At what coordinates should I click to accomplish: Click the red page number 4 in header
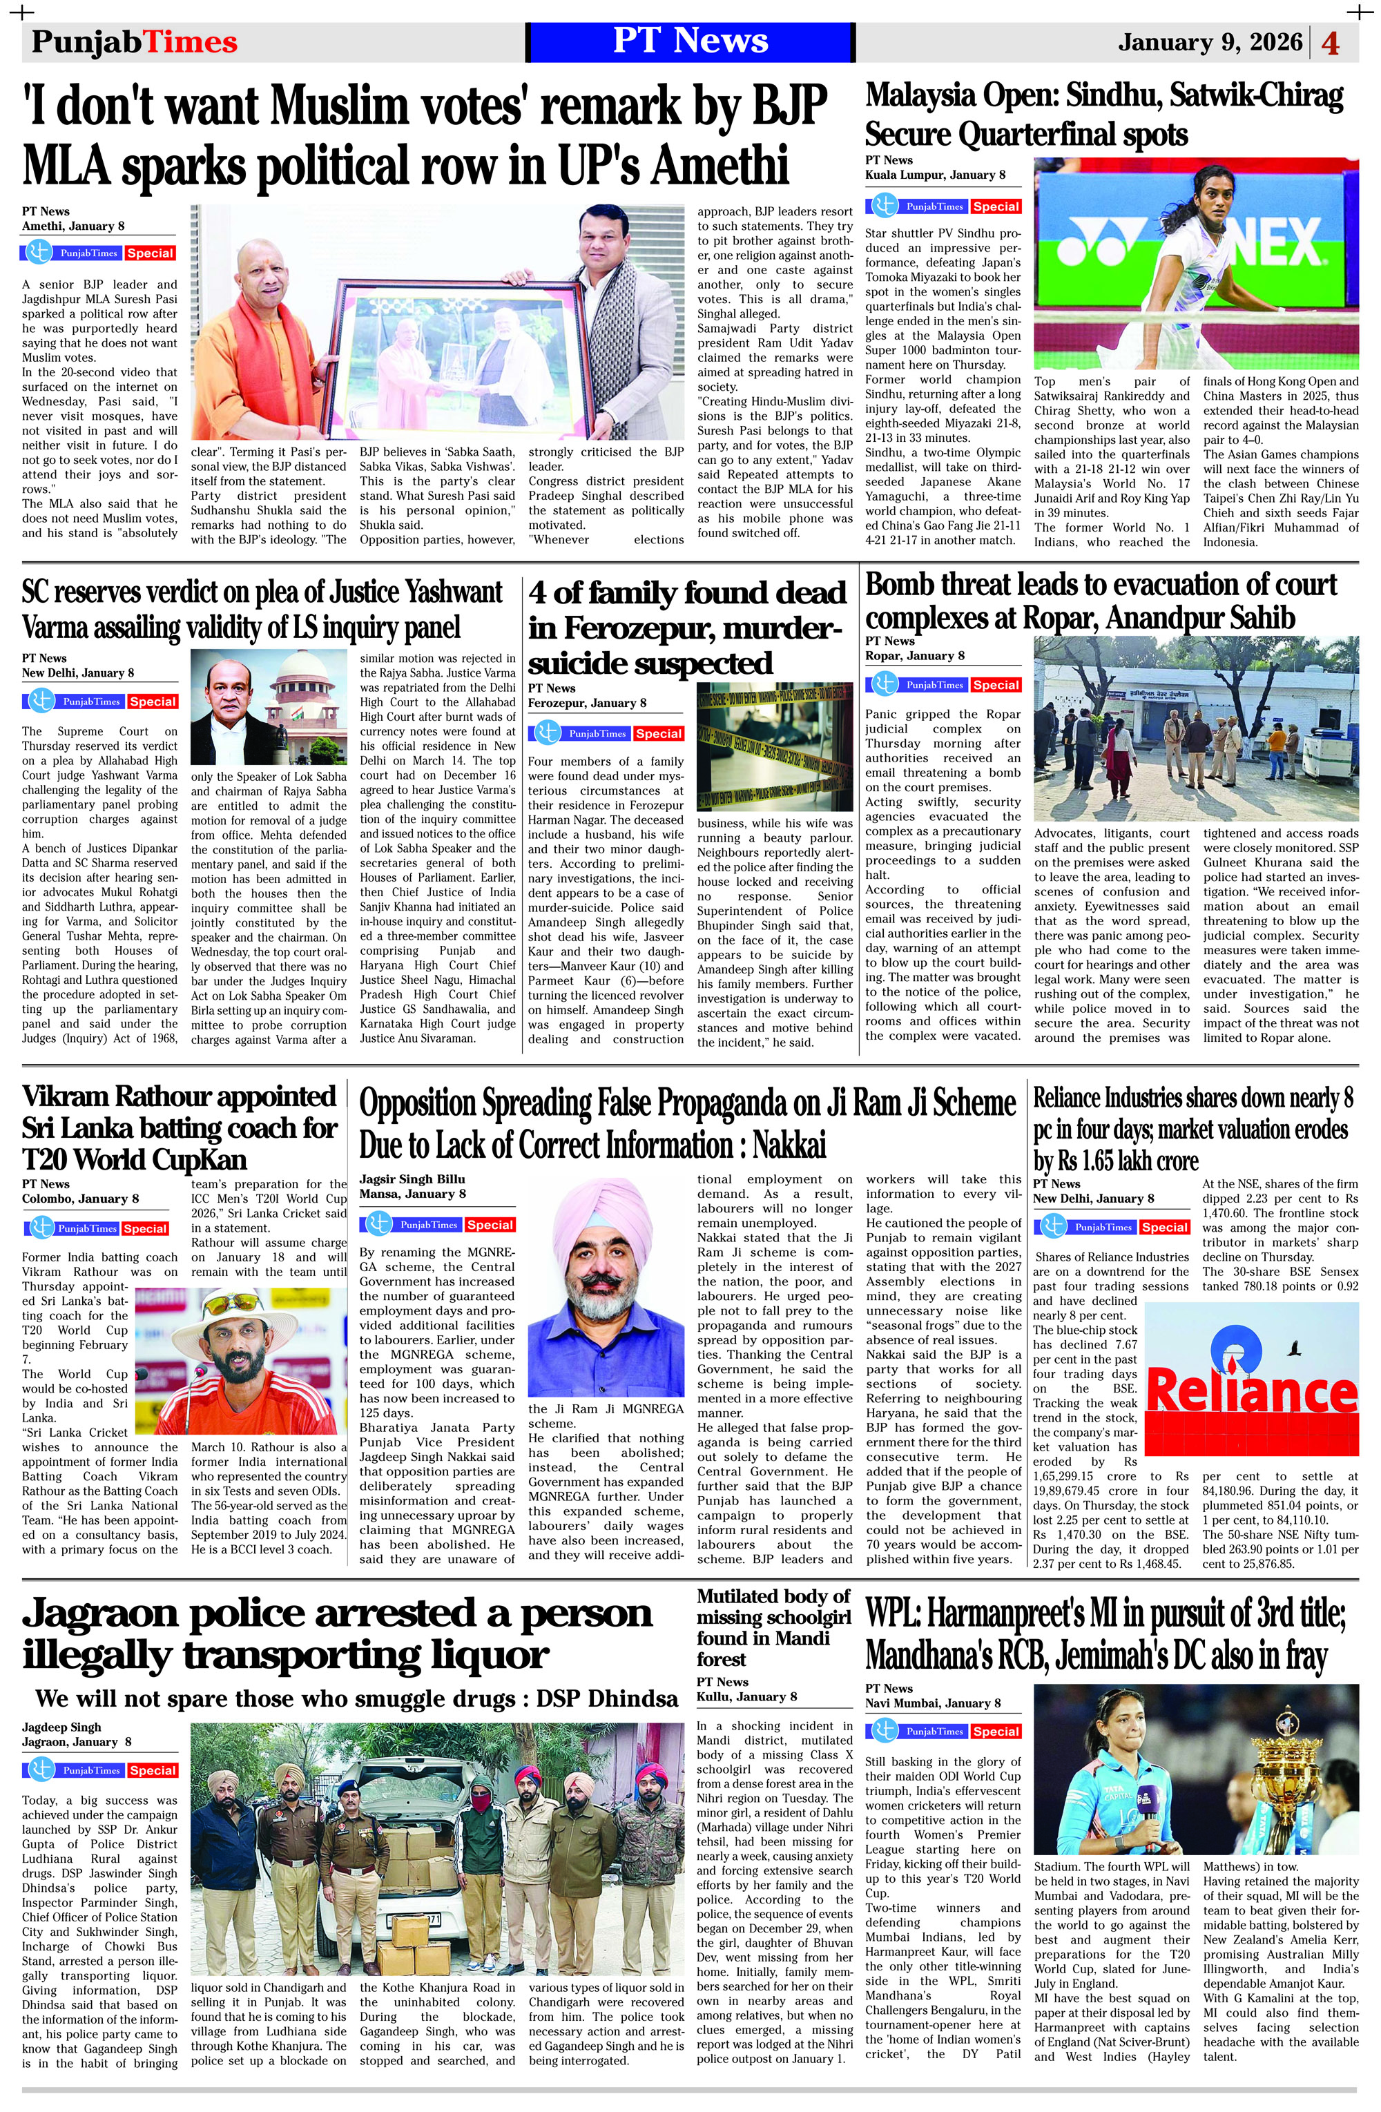coord(1331,43)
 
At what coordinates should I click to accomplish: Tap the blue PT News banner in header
coord(690,41)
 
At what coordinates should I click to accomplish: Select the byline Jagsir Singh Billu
coord(412,1179)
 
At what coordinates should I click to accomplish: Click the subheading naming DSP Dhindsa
coord(357,1698)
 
